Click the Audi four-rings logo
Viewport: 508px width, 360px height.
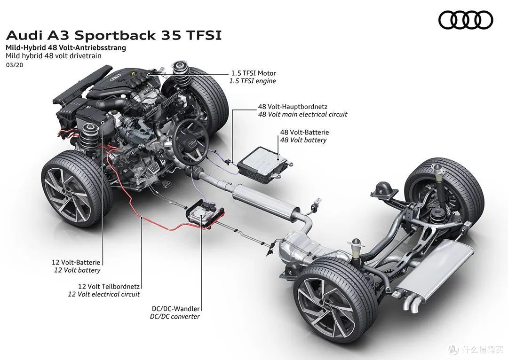point(466,20)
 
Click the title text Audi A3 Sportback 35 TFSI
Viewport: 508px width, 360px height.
point(113,36)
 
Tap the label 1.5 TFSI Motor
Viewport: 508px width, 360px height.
point(253,73)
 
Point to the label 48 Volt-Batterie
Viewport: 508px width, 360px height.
point(304,133)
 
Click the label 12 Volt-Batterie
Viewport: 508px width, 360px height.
point(76,263)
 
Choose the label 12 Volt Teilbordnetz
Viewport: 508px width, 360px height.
point(104,286)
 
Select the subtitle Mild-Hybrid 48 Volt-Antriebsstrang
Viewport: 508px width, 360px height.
point(65,47)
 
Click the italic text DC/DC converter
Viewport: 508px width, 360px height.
point(175,317)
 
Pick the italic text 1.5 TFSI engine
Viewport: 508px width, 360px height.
point(253,81)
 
